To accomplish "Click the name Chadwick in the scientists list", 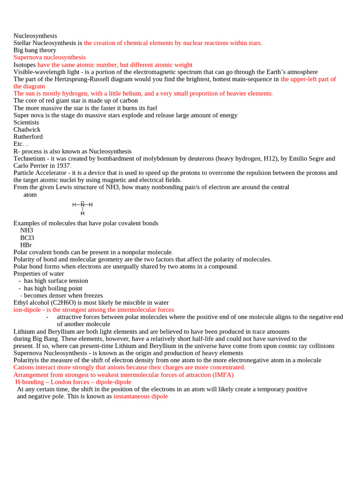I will click(27, 129).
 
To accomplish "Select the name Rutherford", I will click(28, 136).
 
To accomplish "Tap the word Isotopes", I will click(24, 65).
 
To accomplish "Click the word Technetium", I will click(29, 158).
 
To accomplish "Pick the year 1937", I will click(63, 165).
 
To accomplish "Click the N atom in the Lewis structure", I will click(82, 205).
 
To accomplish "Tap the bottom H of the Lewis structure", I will click(82, 213).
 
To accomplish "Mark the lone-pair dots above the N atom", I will click(82, 201).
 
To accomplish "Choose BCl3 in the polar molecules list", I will click(27, 238).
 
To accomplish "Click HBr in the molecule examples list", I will click(26, 245).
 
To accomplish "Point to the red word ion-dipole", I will click(27, 310).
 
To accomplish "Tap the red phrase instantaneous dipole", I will click(141, 396).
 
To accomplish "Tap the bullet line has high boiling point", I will click(53, 288).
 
